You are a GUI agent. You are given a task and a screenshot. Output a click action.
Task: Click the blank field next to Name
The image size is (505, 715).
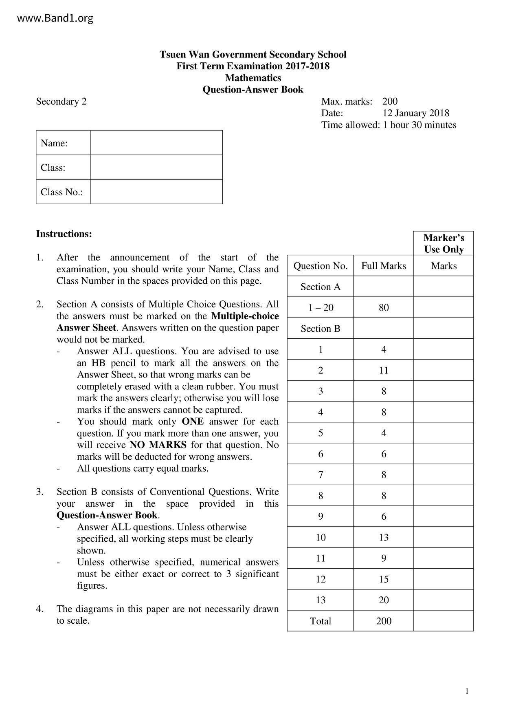tap(156, 143)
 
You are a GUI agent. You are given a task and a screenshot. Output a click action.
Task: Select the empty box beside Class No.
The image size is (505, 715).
tap(156, 192)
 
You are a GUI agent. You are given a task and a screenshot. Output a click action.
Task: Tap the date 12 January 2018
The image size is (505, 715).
tap(415, 113)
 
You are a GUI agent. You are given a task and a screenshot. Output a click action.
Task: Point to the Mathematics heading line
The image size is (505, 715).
tap(253, 78)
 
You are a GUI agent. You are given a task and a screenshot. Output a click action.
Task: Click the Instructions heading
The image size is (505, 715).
tap(64, 234)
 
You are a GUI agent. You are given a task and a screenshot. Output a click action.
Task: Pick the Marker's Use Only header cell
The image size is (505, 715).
tap(443, 243)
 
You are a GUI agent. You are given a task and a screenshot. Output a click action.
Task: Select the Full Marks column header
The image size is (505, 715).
tap(383, 266)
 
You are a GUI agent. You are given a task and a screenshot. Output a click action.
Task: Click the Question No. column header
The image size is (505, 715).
tap(320, 266)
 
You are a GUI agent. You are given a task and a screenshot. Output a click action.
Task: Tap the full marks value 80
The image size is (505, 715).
tap(383, 307)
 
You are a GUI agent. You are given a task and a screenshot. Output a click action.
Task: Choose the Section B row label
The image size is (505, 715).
tap(320, 329)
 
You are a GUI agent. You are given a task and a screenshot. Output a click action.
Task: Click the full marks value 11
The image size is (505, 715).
tap(383, 370)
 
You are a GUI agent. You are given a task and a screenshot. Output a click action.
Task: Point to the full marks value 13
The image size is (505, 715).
tap(383, 537)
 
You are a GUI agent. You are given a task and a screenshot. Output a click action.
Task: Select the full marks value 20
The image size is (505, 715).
tap(383, 600)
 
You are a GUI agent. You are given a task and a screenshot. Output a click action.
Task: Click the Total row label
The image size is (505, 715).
tap(320, 621)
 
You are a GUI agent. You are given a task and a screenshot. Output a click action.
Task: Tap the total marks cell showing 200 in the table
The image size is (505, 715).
tap(383, 621)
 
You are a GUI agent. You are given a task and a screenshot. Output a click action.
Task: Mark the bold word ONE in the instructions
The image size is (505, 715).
tap(193, 421)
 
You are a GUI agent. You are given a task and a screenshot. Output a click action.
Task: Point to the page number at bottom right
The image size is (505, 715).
tap(467, 691)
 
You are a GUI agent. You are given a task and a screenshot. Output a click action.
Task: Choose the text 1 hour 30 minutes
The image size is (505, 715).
tap(419, 125)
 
